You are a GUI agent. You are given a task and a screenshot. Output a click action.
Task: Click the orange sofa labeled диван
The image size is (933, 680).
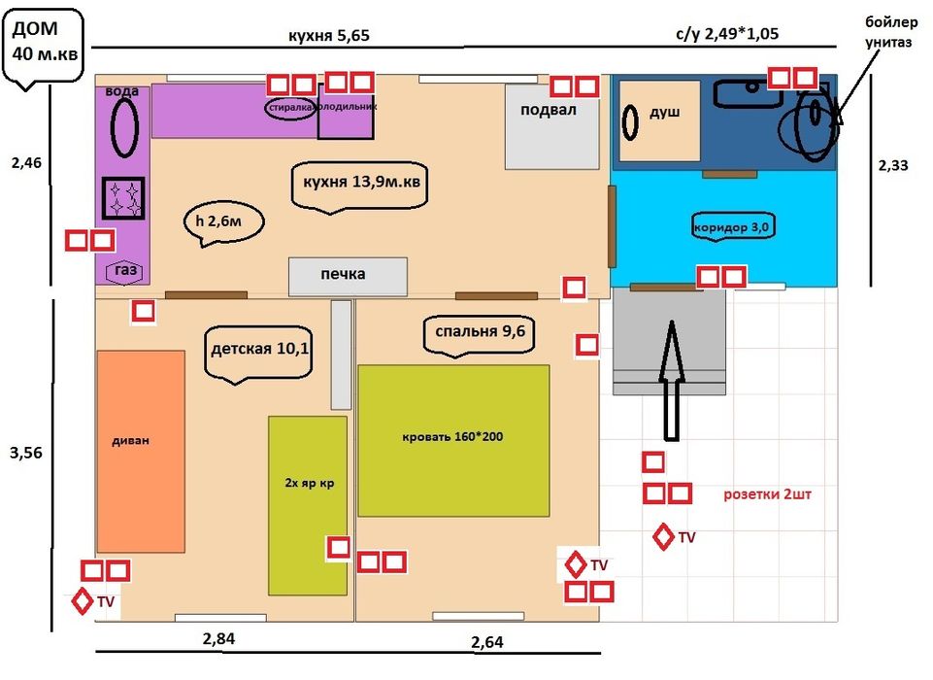(141, 451)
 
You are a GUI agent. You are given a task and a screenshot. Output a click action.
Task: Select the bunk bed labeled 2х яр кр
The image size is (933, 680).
(307, 504)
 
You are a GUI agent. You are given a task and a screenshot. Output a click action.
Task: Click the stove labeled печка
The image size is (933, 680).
(348, 276)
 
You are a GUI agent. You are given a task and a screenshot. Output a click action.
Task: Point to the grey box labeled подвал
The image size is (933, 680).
(550, 125)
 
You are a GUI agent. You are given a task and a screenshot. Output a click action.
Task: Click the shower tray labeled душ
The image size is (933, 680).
(660, 120)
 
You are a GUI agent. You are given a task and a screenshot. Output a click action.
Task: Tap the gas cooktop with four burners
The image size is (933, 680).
(123, 199)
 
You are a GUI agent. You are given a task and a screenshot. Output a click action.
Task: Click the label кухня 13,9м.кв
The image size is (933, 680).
(359, 184)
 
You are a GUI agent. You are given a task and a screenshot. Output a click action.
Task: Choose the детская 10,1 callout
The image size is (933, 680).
(260, 351)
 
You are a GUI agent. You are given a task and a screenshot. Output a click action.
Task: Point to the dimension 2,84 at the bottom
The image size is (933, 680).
(218, 638)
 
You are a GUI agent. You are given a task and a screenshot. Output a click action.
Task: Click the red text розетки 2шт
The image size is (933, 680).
(767, 494)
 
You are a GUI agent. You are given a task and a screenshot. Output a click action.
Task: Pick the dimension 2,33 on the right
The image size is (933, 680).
(892, 166)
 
